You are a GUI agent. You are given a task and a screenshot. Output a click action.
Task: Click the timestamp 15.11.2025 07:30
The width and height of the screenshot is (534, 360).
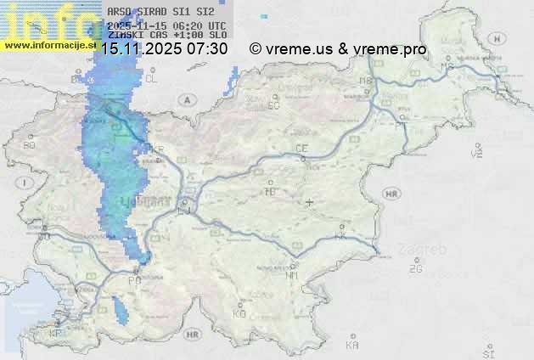(x=164, y=49)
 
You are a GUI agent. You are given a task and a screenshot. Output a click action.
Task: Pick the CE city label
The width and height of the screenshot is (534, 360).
(x=301, y=149)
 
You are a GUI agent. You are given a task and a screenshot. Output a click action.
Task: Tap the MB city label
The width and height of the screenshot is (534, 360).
(x=368, y=81)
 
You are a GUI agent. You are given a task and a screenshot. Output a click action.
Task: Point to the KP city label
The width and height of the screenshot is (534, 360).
(x=56, y=334)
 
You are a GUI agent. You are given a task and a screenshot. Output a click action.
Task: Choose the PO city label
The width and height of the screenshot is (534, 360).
(x=134, y=280)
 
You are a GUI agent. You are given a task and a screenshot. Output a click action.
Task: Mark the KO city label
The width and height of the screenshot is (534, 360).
(x=239, y=313)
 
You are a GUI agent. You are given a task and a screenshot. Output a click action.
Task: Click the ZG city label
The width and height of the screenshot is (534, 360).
(x=415, y=269)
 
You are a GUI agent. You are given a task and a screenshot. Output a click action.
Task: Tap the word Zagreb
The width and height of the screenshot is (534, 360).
(x=426, y=250)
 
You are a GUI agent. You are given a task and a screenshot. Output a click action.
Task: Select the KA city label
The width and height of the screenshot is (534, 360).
(x=352, y=346)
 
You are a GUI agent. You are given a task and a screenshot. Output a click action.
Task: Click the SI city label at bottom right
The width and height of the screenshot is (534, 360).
(x=487, y=352)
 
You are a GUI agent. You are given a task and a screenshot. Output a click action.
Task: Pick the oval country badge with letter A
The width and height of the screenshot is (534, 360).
(x=185, y=99)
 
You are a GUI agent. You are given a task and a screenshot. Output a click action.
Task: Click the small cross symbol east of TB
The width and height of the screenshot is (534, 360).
(x=310, y=202)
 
